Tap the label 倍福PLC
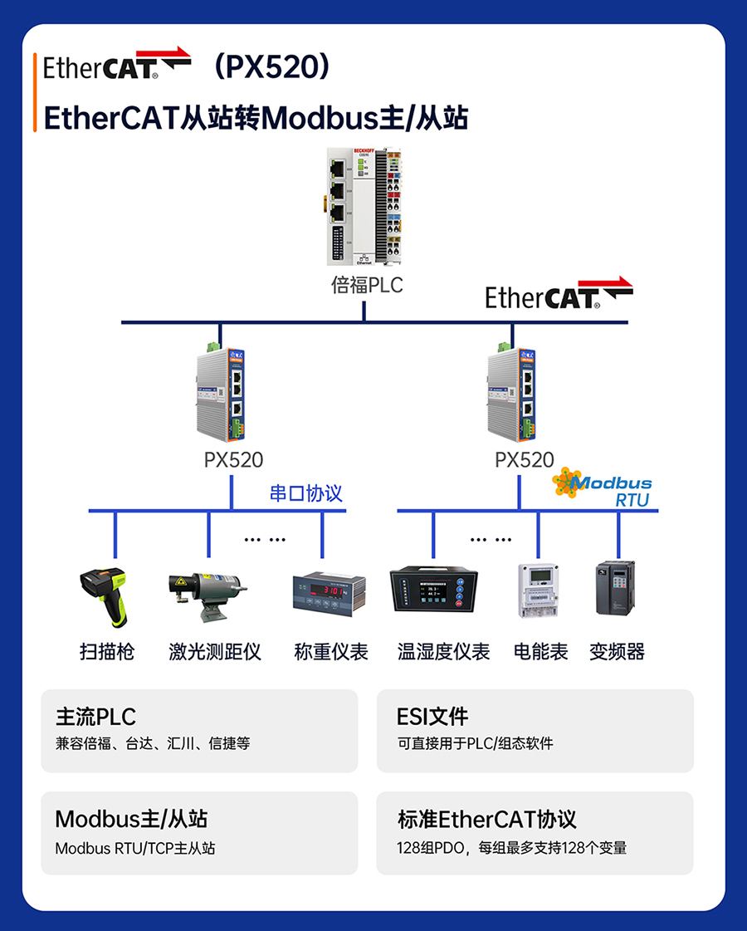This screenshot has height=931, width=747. click(x=366, y=285)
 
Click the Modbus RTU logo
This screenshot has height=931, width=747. click(x=603, y=488)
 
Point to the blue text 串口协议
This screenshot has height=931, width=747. click(x=305, y=493)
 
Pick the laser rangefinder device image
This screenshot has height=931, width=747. click(x=206, y=595)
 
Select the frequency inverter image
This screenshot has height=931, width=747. click(x=615, y=589)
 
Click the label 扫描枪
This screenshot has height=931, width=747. click(x=107, y=652)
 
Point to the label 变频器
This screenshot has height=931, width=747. click(x=617, y=652)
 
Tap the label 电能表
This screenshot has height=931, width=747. click(x=541, y=652)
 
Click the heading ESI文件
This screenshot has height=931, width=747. click(x=432, y=716)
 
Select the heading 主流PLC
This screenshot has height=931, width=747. click(x=95, y=716)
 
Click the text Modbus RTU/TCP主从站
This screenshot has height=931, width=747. click(x=135, y=849)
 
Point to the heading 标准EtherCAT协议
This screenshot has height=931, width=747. click(x=487, y=820)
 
